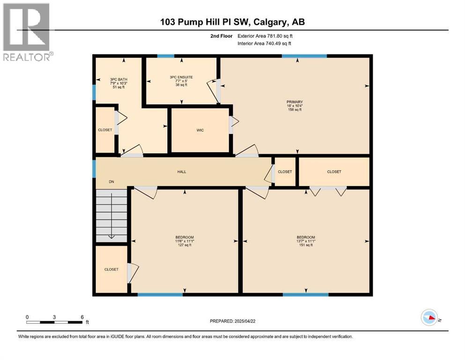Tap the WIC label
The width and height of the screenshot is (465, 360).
200,130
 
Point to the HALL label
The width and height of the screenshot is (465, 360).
182,172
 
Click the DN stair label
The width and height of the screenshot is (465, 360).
111,181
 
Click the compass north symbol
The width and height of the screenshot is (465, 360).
429,317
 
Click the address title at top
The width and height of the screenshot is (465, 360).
232,22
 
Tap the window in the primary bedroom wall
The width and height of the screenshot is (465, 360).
304,56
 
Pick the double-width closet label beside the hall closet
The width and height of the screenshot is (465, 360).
334,172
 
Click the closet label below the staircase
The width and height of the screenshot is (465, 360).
111,269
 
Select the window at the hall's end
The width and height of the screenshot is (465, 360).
95,168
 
